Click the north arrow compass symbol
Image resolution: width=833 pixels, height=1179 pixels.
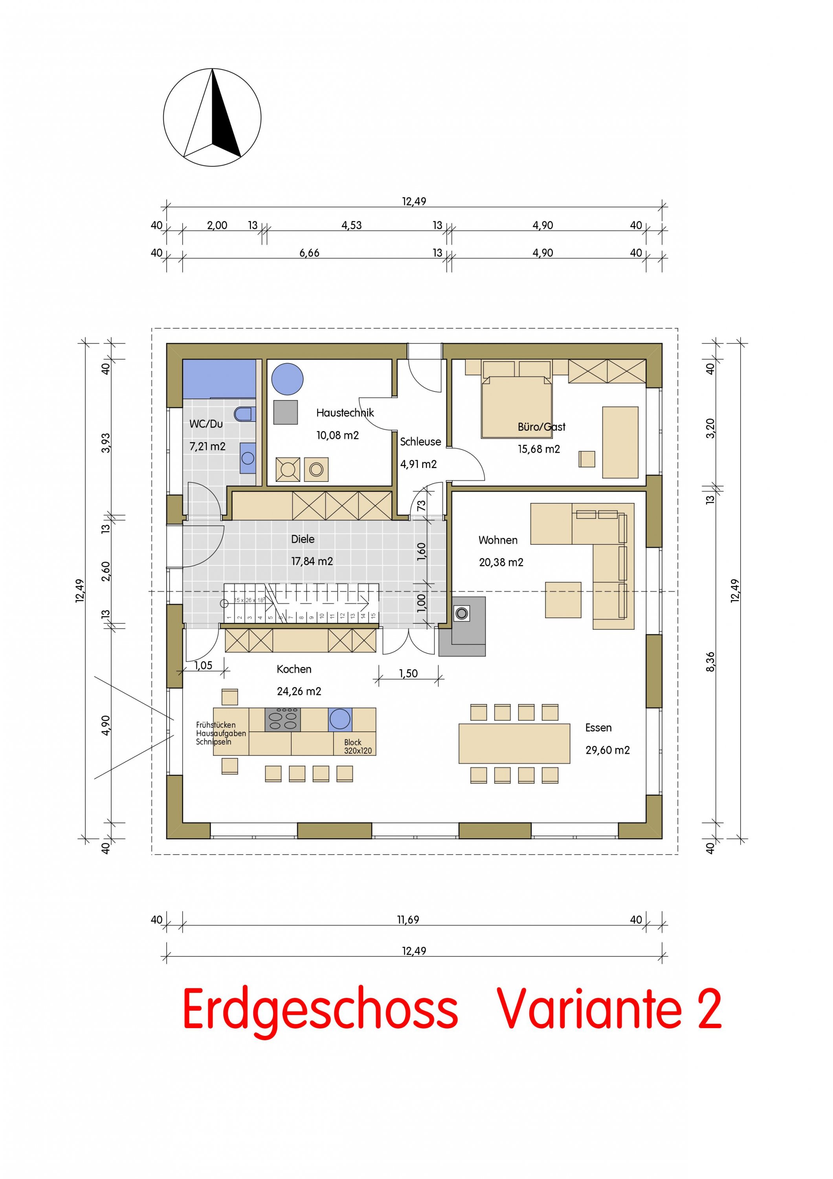(212, 118)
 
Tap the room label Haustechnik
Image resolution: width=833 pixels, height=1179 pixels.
(345, 412)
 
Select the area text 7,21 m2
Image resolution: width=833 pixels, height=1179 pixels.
(207, 446)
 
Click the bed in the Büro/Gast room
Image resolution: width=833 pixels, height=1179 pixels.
(516, 407)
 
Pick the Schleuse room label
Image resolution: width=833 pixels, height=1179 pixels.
(420, 442)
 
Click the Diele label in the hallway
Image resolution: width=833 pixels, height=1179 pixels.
(303, 539)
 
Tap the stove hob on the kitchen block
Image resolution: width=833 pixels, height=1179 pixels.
(282, 719)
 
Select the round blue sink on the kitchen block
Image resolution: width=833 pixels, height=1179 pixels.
(340, 719)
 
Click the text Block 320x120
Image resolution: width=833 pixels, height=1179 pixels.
(358, 747)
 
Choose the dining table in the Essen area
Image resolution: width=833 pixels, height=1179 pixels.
(514, 744)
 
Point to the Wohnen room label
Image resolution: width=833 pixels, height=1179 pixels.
(498, 540)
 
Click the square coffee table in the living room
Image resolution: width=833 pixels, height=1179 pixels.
(563, 600)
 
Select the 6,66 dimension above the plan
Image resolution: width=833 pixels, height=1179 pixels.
(310, 253)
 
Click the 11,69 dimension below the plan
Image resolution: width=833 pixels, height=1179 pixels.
(408, 920)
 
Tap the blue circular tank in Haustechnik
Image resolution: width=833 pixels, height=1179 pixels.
(287, 379)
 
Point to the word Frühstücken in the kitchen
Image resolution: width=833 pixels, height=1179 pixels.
(216, 725)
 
